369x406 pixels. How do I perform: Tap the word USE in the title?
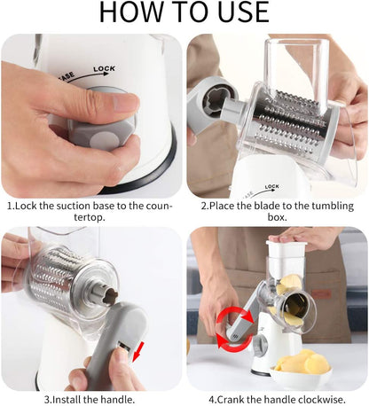(239, 12)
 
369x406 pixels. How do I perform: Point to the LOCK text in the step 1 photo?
(103, 67)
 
